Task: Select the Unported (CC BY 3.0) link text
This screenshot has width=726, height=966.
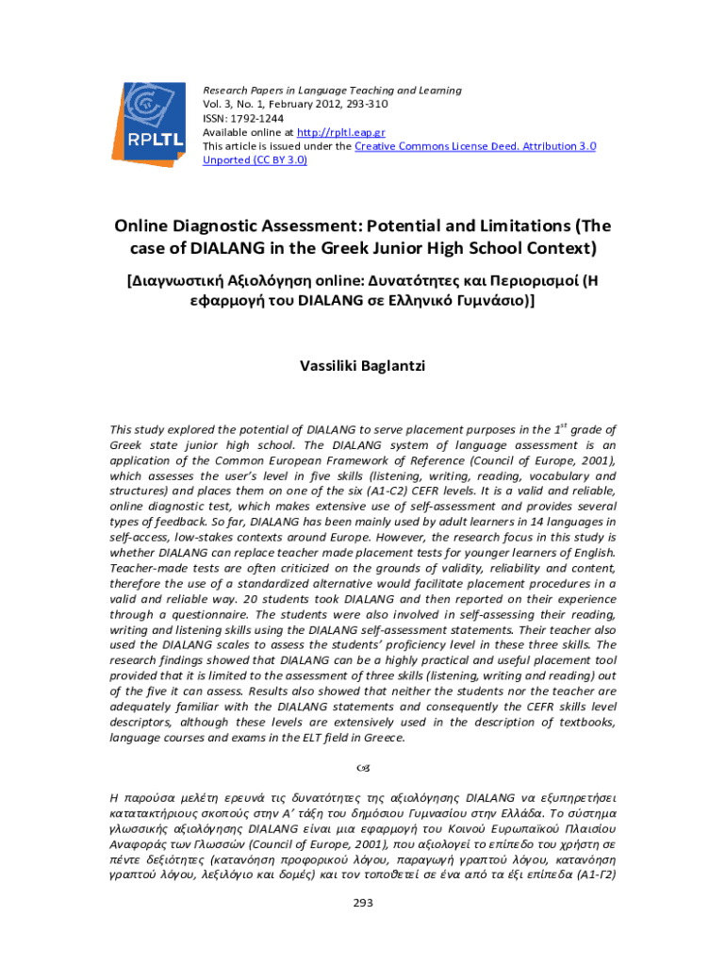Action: [x=255, y=160]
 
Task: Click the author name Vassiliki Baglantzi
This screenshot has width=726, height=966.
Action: [x=363, y=365]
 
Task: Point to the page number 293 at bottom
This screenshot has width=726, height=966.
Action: [x=363, y=903]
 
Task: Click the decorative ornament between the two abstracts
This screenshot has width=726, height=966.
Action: [x=363, y=764]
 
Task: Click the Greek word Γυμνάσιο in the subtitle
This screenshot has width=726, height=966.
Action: [x=487, y=302]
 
